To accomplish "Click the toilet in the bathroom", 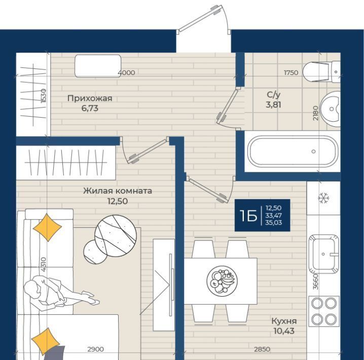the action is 322,71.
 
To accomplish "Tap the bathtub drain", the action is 314,151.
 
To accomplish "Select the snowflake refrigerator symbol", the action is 323,198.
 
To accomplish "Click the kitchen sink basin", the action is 323,254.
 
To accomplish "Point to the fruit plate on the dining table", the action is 222,281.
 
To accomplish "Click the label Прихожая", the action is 90,98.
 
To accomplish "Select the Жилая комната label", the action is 118,191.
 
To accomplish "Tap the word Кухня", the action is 284,321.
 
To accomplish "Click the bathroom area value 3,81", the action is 273,104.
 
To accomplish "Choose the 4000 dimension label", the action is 126,73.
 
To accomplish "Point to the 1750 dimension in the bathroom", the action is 291,73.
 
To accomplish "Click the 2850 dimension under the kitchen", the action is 262,349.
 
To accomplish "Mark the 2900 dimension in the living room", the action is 95,349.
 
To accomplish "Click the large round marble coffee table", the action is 116,236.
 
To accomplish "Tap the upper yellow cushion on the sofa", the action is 47,228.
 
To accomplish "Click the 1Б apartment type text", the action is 248,215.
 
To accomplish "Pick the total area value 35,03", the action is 274,223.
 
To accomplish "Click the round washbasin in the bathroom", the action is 331,109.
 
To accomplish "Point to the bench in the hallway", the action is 98,66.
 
